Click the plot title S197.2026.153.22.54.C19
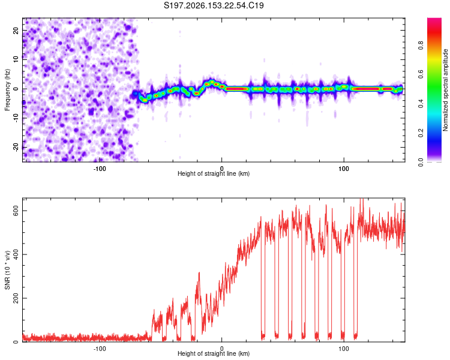(x=214, y=5)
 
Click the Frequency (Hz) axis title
(x=7, y=90)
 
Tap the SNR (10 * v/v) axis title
(x=7, y=270)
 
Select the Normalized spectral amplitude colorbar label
(x=445, y=90)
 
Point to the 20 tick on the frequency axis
(x=16, y=31)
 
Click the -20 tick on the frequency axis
(x=16, y=147)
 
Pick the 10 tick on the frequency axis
(x=16, y=60)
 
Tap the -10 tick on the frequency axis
(x=16, y=118)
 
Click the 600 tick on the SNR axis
(x=16, y=211)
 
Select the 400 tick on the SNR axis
(x=16, y=254)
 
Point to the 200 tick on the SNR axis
(x=16, y=298)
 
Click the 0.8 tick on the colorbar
(x=421, y=46)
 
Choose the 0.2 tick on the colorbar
(x=421, y=133)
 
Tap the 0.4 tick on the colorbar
(x=421, y=104)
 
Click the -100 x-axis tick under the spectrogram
(x=100, y=169)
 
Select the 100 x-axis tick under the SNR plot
(x=344, y=349)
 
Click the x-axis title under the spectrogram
(x=214, y=173)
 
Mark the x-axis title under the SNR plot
(x=214, y=353)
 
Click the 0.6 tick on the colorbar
(x=421, y=74)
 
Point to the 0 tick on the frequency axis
(x=16, y=89)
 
